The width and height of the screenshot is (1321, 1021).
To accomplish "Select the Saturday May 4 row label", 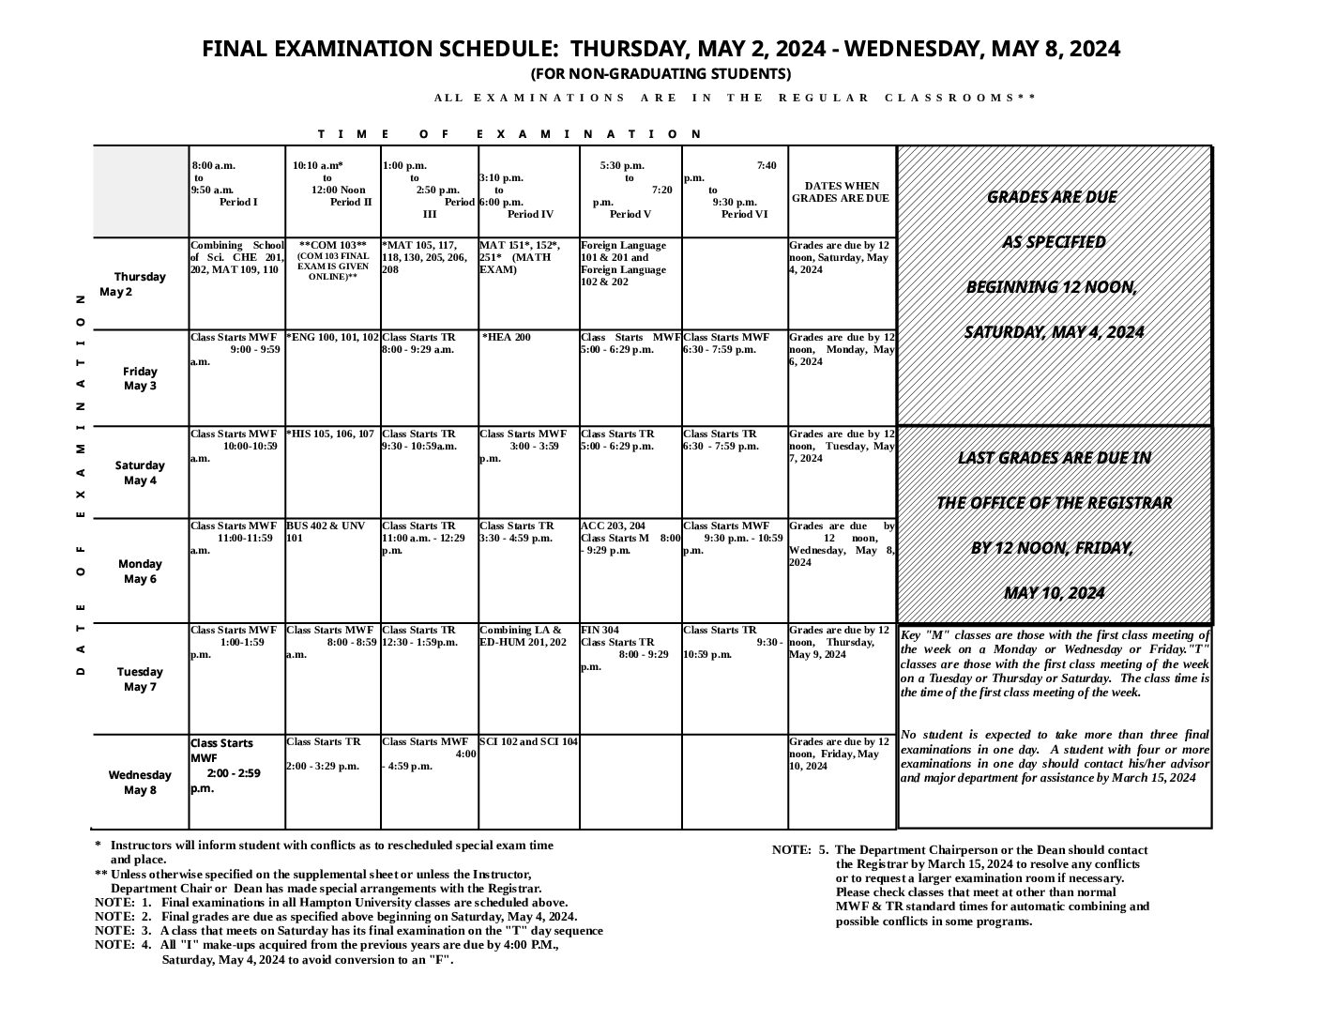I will (x=140, y=473).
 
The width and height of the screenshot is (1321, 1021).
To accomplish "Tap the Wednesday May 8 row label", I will (x=140, y=782).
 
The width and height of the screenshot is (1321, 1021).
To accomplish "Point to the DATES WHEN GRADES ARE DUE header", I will (x=841, y=192).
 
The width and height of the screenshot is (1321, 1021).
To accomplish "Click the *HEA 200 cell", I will (x=507, y=338).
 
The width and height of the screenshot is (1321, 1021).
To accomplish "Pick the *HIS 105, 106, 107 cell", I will (x=331, y=434).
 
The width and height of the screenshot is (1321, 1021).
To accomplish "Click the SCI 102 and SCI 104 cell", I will (x=529, y=742).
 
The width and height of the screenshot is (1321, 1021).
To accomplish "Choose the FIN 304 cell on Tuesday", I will (x=600, y=631).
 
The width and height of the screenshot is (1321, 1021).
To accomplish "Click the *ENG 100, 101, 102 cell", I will (x=332, y=338).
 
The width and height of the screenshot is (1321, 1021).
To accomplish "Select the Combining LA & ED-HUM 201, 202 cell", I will (x=523, y=636).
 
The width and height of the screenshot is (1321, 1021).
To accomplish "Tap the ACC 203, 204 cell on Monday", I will (x=614, y=526).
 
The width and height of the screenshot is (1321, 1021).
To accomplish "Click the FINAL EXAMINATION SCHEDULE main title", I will (x=660, y=49).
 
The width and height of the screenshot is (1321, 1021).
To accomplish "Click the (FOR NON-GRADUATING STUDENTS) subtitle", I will (x=660, y=74).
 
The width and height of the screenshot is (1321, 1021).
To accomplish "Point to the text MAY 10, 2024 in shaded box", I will (x=1054, y=593).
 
